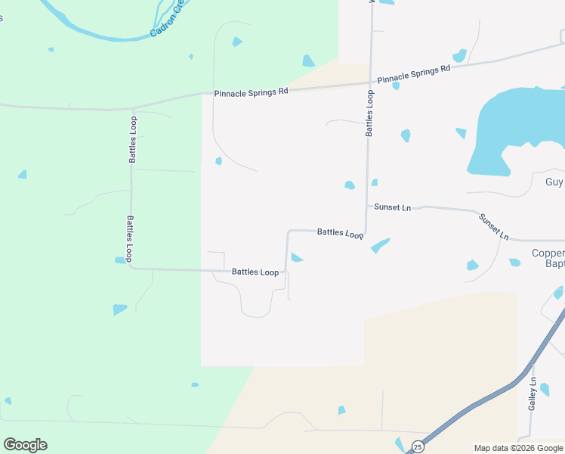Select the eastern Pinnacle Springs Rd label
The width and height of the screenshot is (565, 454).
(413, 73)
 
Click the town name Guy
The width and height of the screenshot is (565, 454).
(554, 182)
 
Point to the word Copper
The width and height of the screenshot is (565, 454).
(548, 253)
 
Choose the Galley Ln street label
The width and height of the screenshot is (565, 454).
(533, 393)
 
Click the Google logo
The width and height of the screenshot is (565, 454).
(25, 445)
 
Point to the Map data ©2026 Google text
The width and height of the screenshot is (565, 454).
(518, 448)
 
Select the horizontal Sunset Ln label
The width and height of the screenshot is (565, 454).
(392, 207)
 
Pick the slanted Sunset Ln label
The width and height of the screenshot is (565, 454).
(493, 225)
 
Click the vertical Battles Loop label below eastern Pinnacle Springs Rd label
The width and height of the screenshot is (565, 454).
(370, 113)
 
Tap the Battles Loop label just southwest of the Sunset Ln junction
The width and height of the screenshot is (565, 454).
(341, 234)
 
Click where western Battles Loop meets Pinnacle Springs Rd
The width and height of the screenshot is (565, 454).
(133, 109)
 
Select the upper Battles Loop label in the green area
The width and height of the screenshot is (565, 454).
(133, 140)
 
